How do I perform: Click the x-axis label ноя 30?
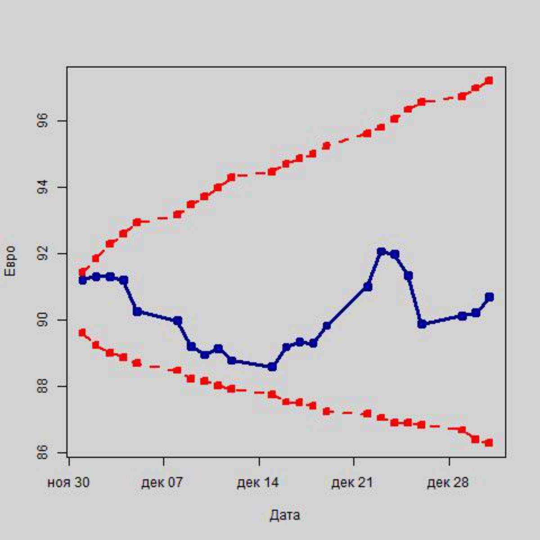click(68, 483)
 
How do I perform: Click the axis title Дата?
click(285, 515)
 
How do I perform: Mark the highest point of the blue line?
click(382, 252)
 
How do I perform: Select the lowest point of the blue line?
click(272, 367)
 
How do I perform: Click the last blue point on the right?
click(489, 297)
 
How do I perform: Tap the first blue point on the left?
click(82, 280)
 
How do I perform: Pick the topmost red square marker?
click(489, 81)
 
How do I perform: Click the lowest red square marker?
click(489, 442)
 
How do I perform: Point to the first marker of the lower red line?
click(82, 333)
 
